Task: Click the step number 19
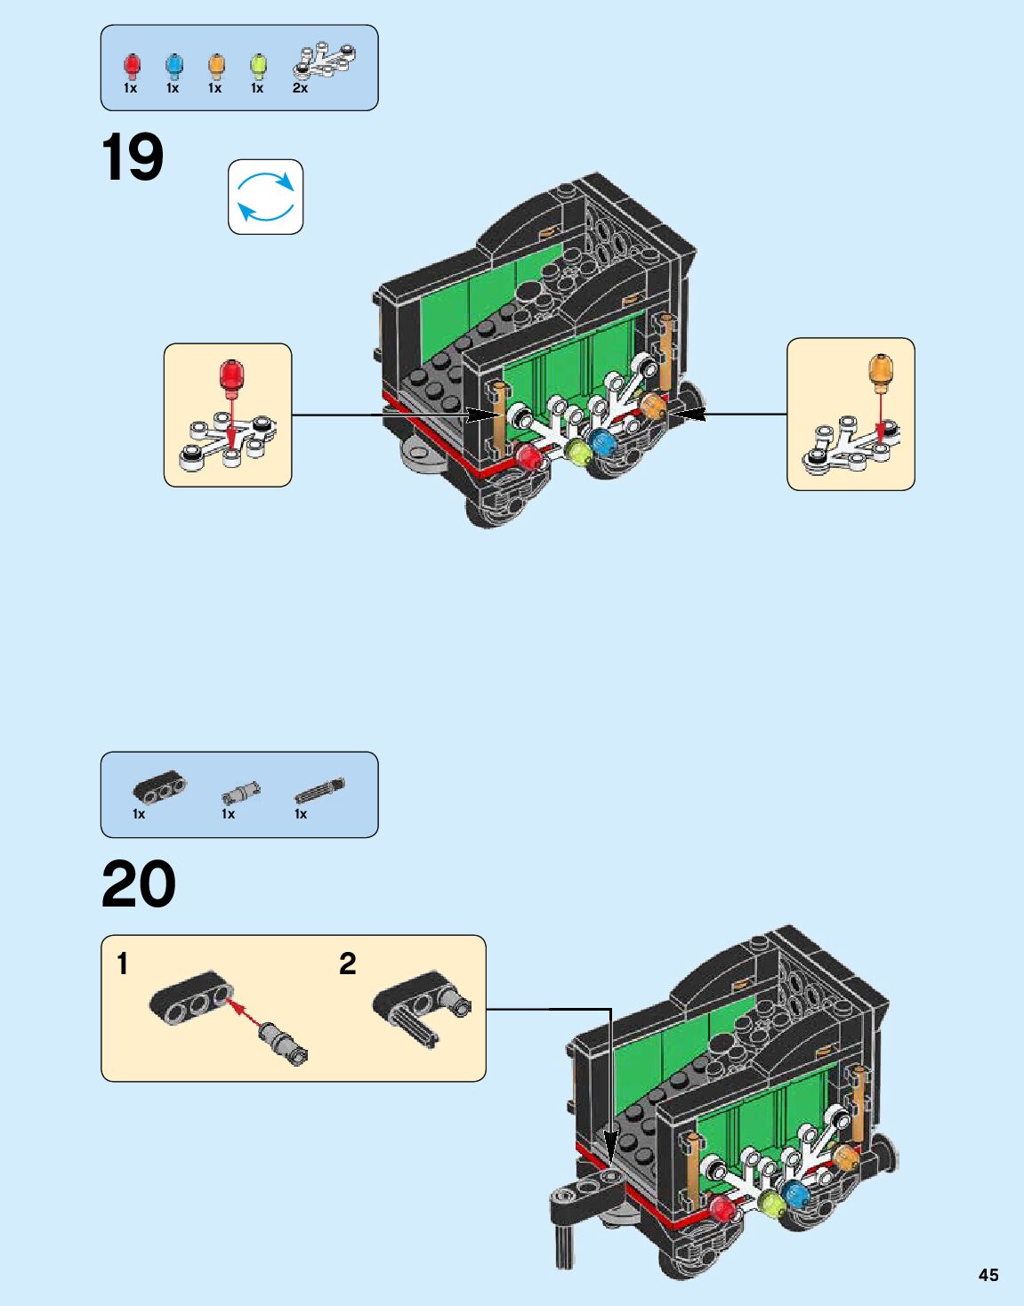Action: tap(133, 157)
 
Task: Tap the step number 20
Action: tap(139, 884)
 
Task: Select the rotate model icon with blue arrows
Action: tap(265, 198)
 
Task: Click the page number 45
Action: tap(988, 1275)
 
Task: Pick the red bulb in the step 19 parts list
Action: tap(132, 66)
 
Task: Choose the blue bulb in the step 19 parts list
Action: tap(173, 66)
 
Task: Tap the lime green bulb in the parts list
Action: tap(258, 66)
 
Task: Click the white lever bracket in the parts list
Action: tap(325, 60)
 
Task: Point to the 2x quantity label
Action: tap(300, 88)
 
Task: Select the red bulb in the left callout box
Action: tap(231, 375)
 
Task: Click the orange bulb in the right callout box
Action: tap(880, 371)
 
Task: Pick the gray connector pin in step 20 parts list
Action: tap(241, 791)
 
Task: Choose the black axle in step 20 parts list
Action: tap(319, 790)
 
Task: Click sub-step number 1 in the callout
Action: tap(123, 963)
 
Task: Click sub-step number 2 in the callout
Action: tap(347, 963)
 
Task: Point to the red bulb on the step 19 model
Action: tap(528, 457)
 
